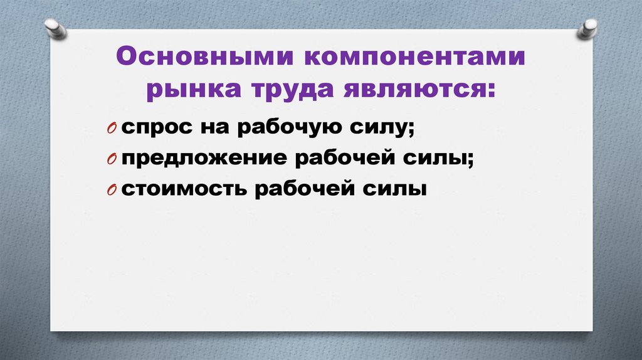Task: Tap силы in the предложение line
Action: click(x=445, y=159)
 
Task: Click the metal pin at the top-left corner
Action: click(x=55, y=29)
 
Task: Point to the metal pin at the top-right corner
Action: click(x=589, y=29)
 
